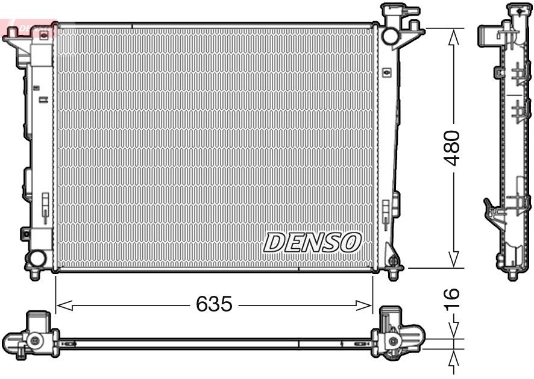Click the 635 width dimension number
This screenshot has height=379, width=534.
[214, 304]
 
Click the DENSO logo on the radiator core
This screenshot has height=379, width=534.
[312, 242]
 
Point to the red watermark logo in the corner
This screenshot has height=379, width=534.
[27, 28]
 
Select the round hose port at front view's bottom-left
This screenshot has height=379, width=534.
[37, 259]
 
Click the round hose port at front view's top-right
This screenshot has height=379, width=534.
[389, 36]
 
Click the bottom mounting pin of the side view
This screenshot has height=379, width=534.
[513, 275]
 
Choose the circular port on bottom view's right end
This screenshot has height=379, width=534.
[395, 341]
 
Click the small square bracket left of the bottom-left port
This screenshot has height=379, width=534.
[25, 234]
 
